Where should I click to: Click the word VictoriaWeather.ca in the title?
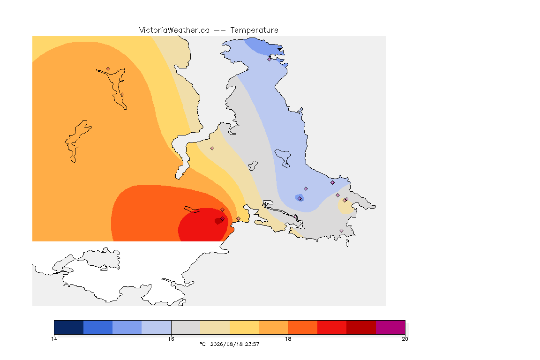coord(174,30)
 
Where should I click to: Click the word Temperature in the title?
coord(254,30)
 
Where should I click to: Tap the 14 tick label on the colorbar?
coord(54,339)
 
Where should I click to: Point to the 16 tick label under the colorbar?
coord(171,339)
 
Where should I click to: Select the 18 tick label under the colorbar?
coord(288,339)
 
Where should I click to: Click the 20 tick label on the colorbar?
coord(405,339)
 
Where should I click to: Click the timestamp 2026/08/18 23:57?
coord(235,344)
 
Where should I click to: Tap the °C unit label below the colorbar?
coord(202,344)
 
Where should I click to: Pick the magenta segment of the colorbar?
coord(390,327)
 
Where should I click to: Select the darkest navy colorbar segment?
coord(69,327)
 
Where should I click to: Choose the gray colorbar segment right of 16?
coord(186,327)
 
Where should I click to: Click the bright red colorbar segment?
coord(332,327)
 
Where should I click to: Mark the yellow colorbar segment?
coord(244,327)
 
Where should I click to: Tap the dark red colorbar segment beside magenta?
coord(361,327)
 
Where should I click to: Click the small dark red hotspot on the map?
coord(218,221)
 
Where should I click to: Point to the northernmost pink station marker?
coord(270,59)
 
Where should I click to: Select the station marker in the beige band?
coord(212,149)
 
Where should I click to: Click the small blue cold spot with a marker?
coord(300,198)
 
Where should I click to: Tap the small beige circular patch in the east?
coord(346,206)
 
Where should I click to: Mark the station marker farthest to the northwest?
coord(108,69)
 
